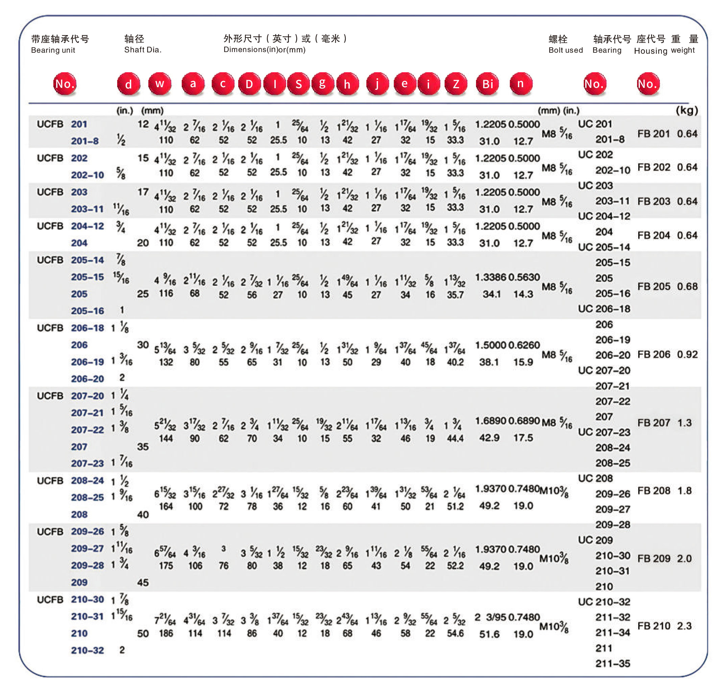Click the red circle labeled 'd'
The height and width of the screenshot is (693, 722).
point(128,84)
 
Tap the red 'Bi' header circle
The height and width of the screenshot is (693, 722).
point(487,84)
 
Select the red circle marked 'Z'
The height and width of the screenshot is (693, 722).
point(456,84)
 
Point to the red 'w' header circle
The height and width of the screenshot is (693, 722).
point(159,84)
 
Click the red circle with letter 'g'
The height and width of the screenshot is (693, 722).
point(322,84)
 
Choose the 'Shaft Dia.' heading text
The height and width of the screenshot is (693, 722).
point(143,50)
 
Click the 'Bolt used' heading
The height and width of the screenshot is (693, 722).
point(566,50)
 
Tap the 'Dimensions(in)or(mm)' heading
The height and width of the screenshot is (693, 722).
point(264,50)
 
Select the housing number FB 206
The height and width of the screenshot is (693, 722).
point(653,354)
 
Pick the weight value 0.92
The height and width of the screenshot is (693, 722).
point(687,354)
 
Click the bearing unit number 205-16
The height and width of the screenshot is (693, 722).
point(87,311)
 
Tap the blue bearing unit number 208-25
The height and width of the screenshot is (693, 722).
point(87,497)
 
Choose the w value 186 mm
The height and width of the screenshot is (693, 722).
point(166,633)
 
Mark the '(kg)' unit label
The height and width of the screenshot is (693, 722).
point(687,110)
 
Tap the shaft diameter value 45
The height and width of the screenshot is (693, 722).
point(143,583)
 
